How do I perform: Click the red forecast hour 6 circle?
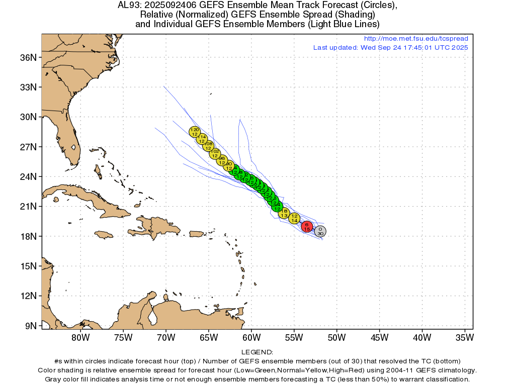(x=307, y=227)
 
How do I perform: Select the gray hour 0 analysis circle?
(x=320, y=231)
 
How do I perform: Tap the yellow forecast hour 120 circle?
(x=195, y=132)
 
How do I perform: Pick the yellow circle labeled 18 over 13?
(x=284, y=213)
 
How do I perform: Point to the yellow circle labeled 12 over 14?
(x=295, y=218)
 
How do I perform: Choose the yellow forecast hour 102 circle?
(x=215, y=153)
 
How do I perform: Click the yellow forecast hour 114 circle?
(x=202, y=139)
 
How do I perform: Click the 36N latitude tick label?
(x=28, y=57)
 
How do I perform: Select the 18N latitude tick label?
(x=28, y=236)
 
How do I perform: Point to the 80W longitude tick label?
(x=80, y=337)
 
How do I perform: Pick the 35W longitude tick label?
(x=464, y=337)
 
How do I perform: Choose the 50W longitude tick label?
(x=336, y=337)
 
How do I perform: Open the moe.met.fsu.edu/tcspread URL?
(x=416, y=39)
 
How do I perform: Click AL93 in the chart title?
(x=128, y=6)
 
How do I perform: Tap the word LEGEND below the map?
(x=257, y=352)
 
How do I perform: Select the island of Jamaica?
(x=104, y=234)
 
